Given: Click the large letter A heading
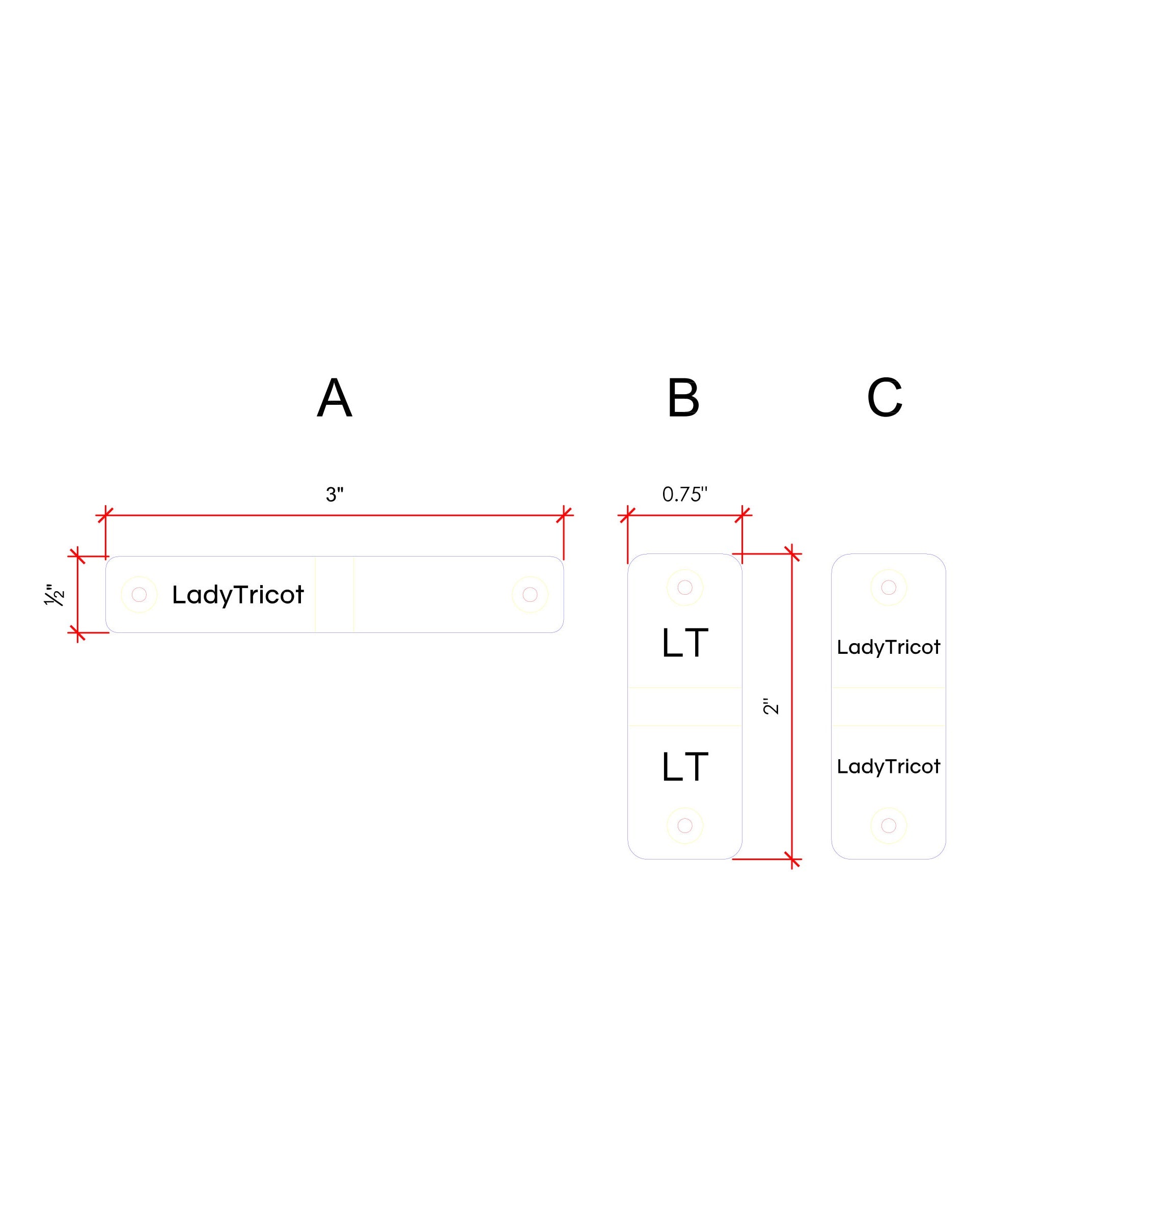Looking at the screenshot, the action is point(334,398).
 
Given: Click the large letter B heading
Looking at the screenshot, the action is point(683,398).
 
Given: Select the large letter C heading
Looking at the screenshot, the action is point(885,398).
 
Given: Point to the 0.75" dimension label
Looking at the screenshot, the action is point(684,494).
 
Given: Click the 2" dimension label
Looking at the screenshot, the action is point(771,706).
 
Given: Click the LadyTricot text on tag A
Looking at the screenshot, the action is point(237,595).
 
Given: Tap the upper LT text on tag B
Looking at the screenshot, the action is point(684,643).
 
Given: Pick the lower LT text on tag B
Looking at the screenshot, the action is point(684,767).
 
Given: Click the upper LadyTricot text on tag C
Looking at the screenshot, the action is point(888,647).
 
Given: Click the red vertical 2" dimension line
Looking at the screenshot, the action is point(792,706).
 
